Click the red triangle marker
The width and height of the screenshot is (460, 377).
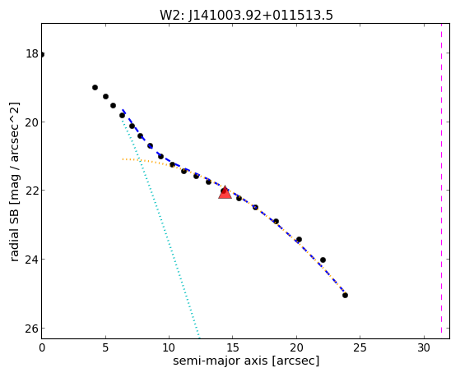point(225,193)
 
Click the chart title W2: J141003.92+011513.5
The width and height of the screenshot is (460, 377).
point(246,16)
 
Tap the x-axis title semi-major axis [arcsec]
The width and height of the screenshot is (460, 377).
point(246,361)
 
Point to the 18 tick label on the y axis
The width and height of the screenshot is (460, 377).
point(32,54)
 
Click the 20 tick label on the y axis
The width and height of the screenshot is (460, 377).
point(32,122)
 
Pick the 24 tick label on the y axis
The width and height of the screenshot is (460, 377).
point(32,259)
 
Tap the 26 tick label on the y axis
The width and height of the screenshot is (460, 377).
point(32,328)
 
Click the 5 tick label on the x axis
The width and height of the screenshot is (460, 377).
point(105,347)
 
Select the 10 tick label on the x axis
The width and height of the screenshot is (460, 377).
point(169,347)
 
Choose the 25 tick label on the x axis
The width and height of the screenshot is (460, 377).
point(360,347)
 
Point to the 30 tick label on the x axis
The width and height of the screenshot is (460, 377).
point(424,347)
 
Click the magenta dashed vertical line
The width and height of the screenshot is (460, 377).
point(441,181)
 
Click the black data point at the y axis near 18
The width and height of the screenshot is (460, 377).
point(42,55)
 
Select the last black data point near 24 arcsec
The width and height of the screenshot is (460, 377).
point(345,295)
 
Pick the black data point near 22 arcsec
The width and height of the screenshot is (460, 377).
point(323,260)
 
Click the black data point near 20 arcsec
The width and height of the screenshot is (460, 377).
point(299,239)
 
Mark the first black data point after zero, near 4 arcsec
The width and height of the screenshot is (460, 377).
point(95,87)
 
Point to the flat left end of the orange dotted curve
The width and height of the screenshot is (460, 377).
point(123,159)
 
